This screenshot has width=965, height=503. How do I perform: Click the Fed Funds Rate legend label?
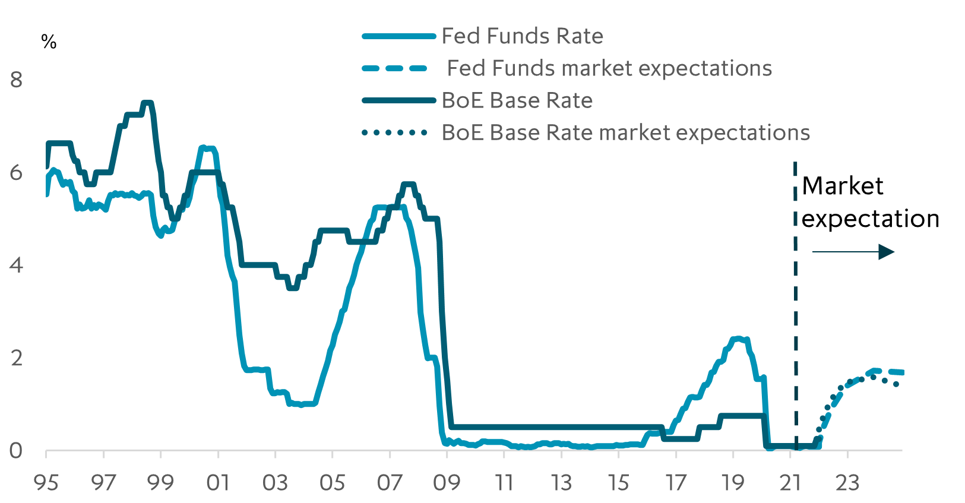pyautogui.click(x=522, y=37)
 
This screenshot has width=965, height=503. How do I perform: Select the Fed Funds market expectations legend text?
pyautogui.click(x=609, y=69)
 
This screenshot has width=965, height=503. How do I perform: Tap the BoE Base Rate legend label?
pyautogui.click(x=517, y=101)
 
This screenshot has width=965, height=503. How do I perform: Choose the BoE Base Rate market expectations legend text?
pyautogui.click(x=626, y=133)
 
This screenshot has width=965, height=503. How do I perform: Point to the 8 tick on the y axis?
pyautogui.click(x=16, y=80)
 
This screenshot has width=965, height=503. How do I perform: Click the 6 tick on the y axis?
pyautogui.click(x=16, y=173)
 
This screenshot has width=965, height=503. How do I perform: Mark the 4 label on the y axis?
pyautogui.click(x=16, y=265)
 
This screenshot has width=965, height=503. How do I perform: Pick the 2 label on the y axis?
pyautogui.click(x=16, y=358)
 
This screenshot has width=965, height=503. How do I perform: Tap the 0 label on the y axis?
pyautogui.click(x=16, y=451)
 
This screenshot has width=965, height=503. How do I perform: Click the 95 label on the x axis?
pyautogui.click(x=46, y=483)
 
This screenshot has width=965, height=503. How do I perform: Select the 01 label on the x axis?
pyautogui.click(x=218, y=483)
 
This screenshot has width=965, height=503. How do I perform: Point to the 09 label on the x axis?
pyautogui.click(x=447, y=483)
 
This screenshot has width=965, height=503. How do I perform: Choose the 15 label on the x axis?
pyautogui.click(x=618, y=483)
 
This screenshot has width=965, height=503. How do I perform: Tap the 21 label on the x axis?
pyautogui.click(x=790, y=483)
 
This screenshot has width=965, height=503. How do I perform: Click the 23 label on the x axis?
pyautogui.click(x=847, y=483)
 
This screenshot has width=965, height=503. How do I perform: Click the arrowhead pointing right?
pyautogui.click(x=887, y=252)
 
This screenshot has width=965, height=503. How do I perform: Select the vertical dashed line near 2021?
pyautogui.click(x=795, y=297)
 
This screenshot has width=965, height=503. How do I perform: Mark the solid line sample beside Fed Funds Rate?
pyautogui.click(x=398, y=37)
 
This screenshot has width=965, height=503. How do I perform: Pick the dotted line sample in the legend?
pyautogui.click(x=394, y=133)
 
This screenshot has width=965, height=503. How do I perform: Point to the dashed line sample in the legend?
pyautogui.click(x=394, y=69)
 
